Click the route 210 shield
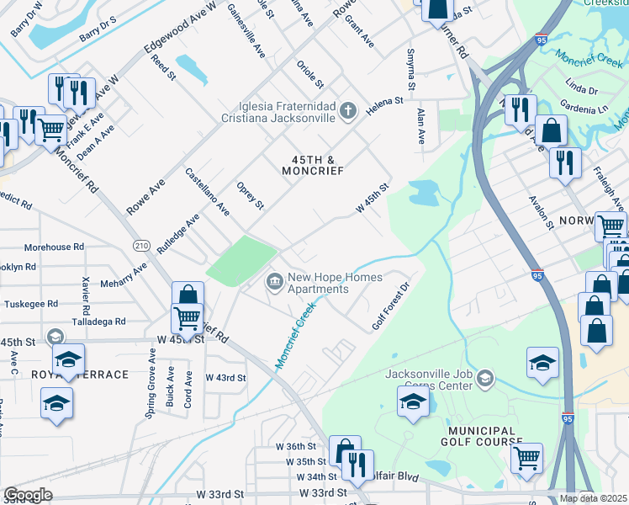click(x=141, y=244)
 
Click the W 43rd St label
click(x=225, y=378)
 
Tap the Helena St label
click(x=384, y=108)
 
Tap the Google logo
click(x=28, y=494)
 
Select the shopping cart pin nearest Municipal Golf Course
click(x=526, y=458)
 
